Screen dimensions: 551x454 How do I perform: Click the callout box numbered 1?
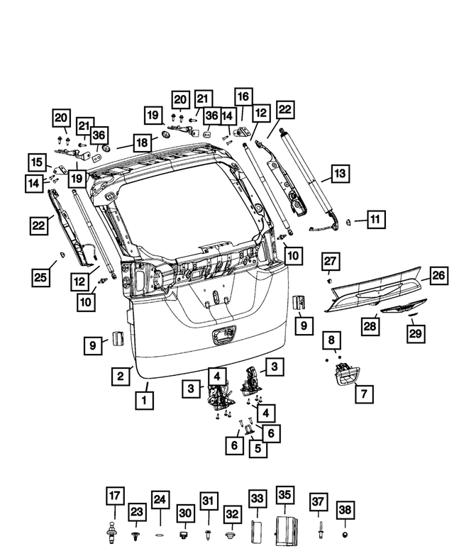click(145, 399)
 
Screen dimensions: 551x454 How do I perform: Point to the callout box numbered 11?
click(375, 220)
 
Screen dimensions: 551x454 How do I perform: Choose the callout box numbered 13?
click(340, 173)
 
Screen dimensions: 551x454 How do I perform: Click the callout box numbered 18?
click(142, 143)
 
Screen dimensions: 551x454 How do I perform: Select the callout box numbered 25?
click(40, 276)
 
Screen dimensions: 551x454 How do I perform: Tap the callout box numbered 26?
click(438, 274)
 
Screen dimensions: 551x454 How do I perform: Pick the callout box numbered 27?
click(331, 261)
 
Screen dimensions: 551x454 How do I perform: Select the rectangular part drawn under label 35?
click(285, 530)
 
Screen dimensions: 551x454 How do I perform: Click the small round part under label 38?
click(344, 533)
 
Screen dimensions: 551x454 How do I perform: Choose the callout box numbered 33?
click(257, 499)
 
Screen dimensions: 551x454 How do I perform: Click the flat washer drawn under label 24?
click(160, 533)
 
